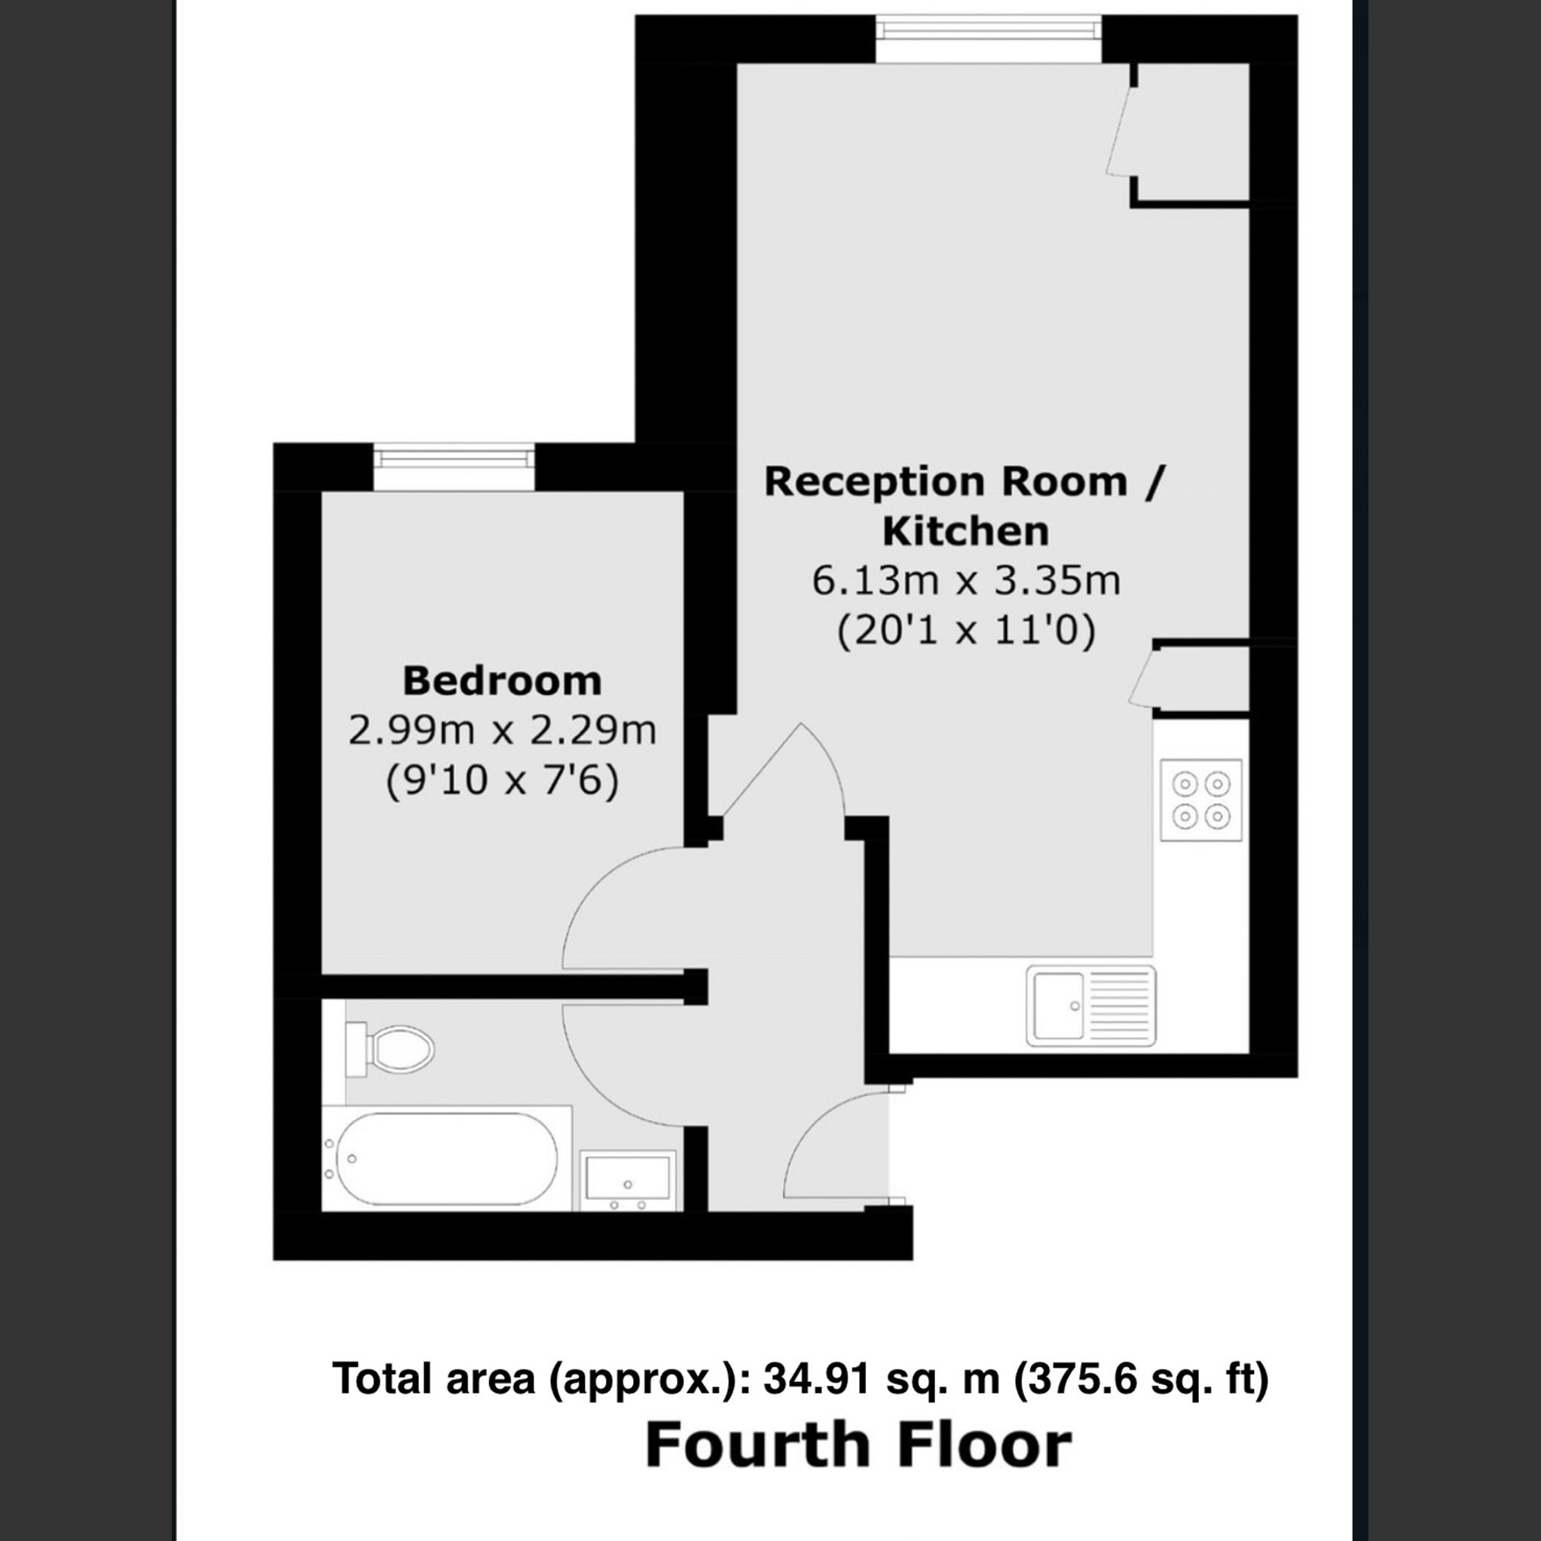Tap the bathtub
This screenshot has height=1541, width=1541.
pyautogui.click(x=447, y=1158)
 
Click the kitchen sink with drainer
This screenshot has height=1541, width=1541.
pyautogui.click(x=1090, y=1005)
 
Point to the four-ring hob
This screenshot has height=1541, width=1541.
pyautogui.click(x=1200, y=800)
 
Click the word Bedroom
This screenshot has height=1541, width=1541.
pyautogui.click(x=502, y=681)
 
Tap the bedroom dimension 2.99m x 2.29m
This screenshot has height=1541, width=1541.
pyautogui.click(x=502, y=731)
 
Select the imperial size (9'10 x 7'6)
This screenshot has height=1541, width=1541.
pyautogui.click(x=502, y=780)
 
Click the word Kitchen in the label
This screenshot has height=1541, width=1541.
pyautogui.click(x=965, y=531)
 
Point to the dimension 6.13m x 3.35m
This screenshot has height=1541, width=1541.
pyautogui.click(x=965, y=581)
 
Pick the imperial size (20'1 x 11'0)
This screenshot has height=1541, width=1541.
pyautogui.click(x=965, y=631)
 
